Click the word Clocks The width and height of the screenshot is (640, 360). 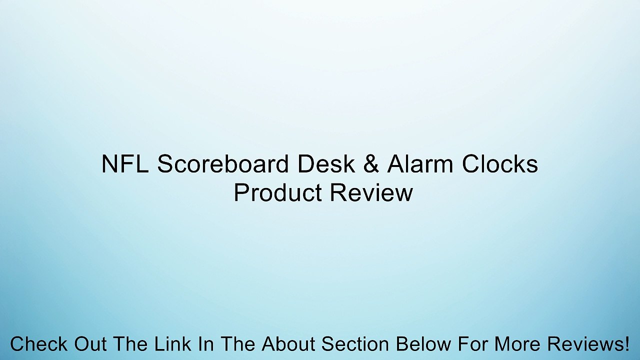point(499,164)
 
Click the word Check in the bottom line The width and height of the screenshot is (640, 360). point(38,344)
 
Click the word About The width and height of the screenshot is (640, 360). point(288,344)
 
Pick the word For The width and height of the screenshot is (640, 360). point(473,344)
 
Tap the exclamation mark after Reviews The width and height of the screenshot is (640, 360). point(626,344)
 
